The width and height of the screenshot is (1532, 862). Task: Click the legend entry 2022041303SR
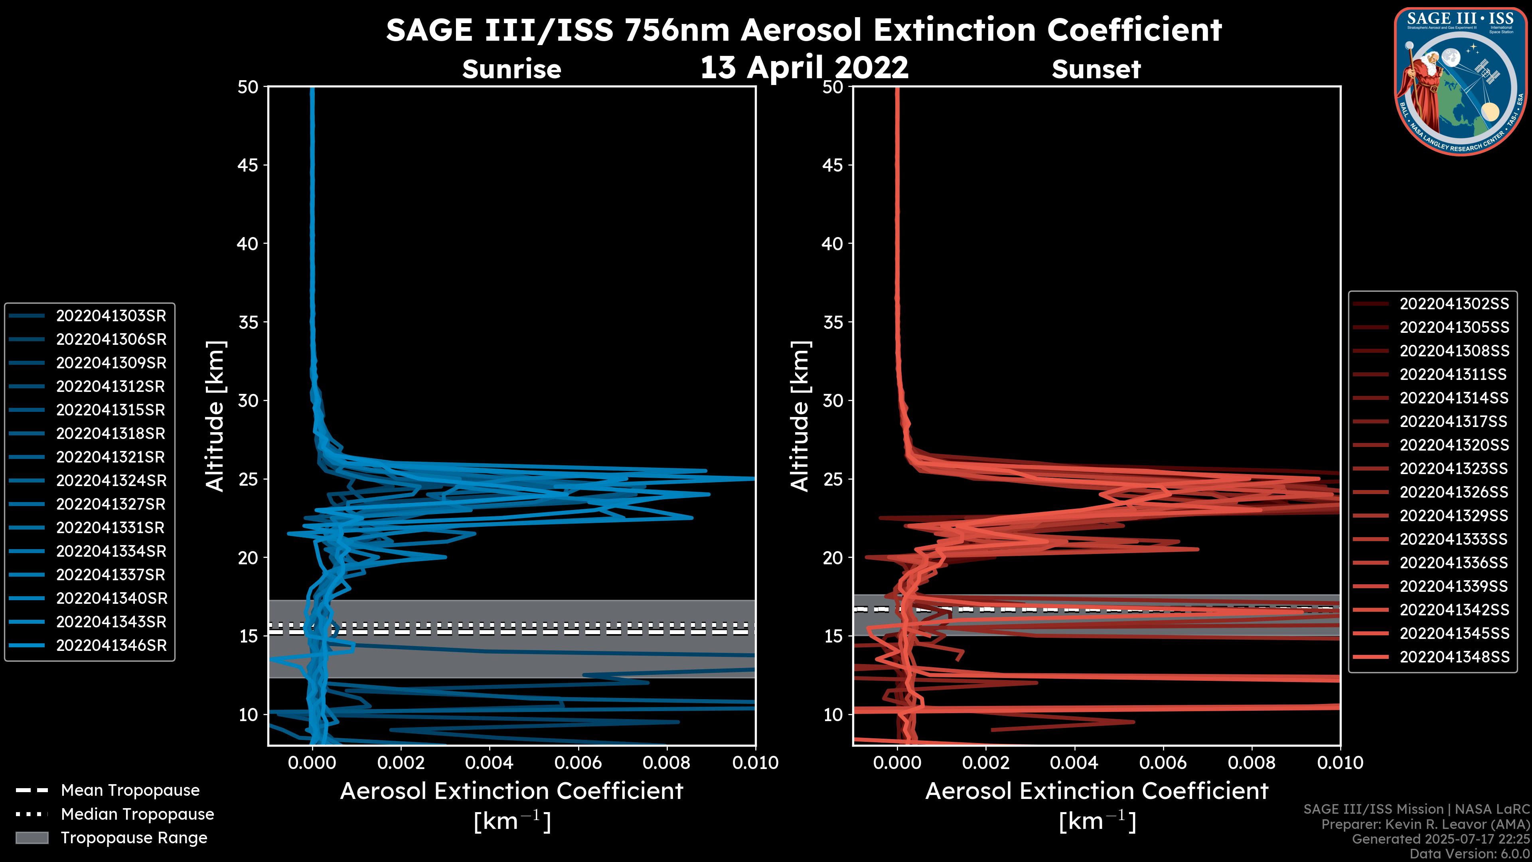111,316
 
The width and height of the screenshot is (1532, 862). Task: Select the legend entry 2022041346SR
111,645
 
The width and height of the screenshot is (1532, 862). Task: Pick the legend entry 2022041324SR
111,480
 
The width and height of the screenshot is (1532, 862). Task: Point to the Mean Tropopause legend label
130,791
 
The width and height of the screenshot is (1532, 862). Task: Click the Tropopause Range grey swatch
32,838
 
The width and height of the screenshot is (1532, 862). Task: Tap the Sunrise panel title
511,69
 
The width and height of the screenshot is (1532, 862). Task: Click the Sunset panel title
1096,69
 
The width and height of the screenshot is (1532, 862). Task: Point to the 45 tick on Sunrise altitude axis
248,165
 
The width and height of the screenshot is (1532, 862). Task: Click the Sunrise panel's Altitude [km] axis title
215,416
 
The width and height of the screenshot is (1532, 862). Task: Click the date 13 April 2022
804,67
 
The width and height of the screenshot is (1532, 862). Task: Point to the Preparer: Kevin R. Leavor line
1425,824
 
